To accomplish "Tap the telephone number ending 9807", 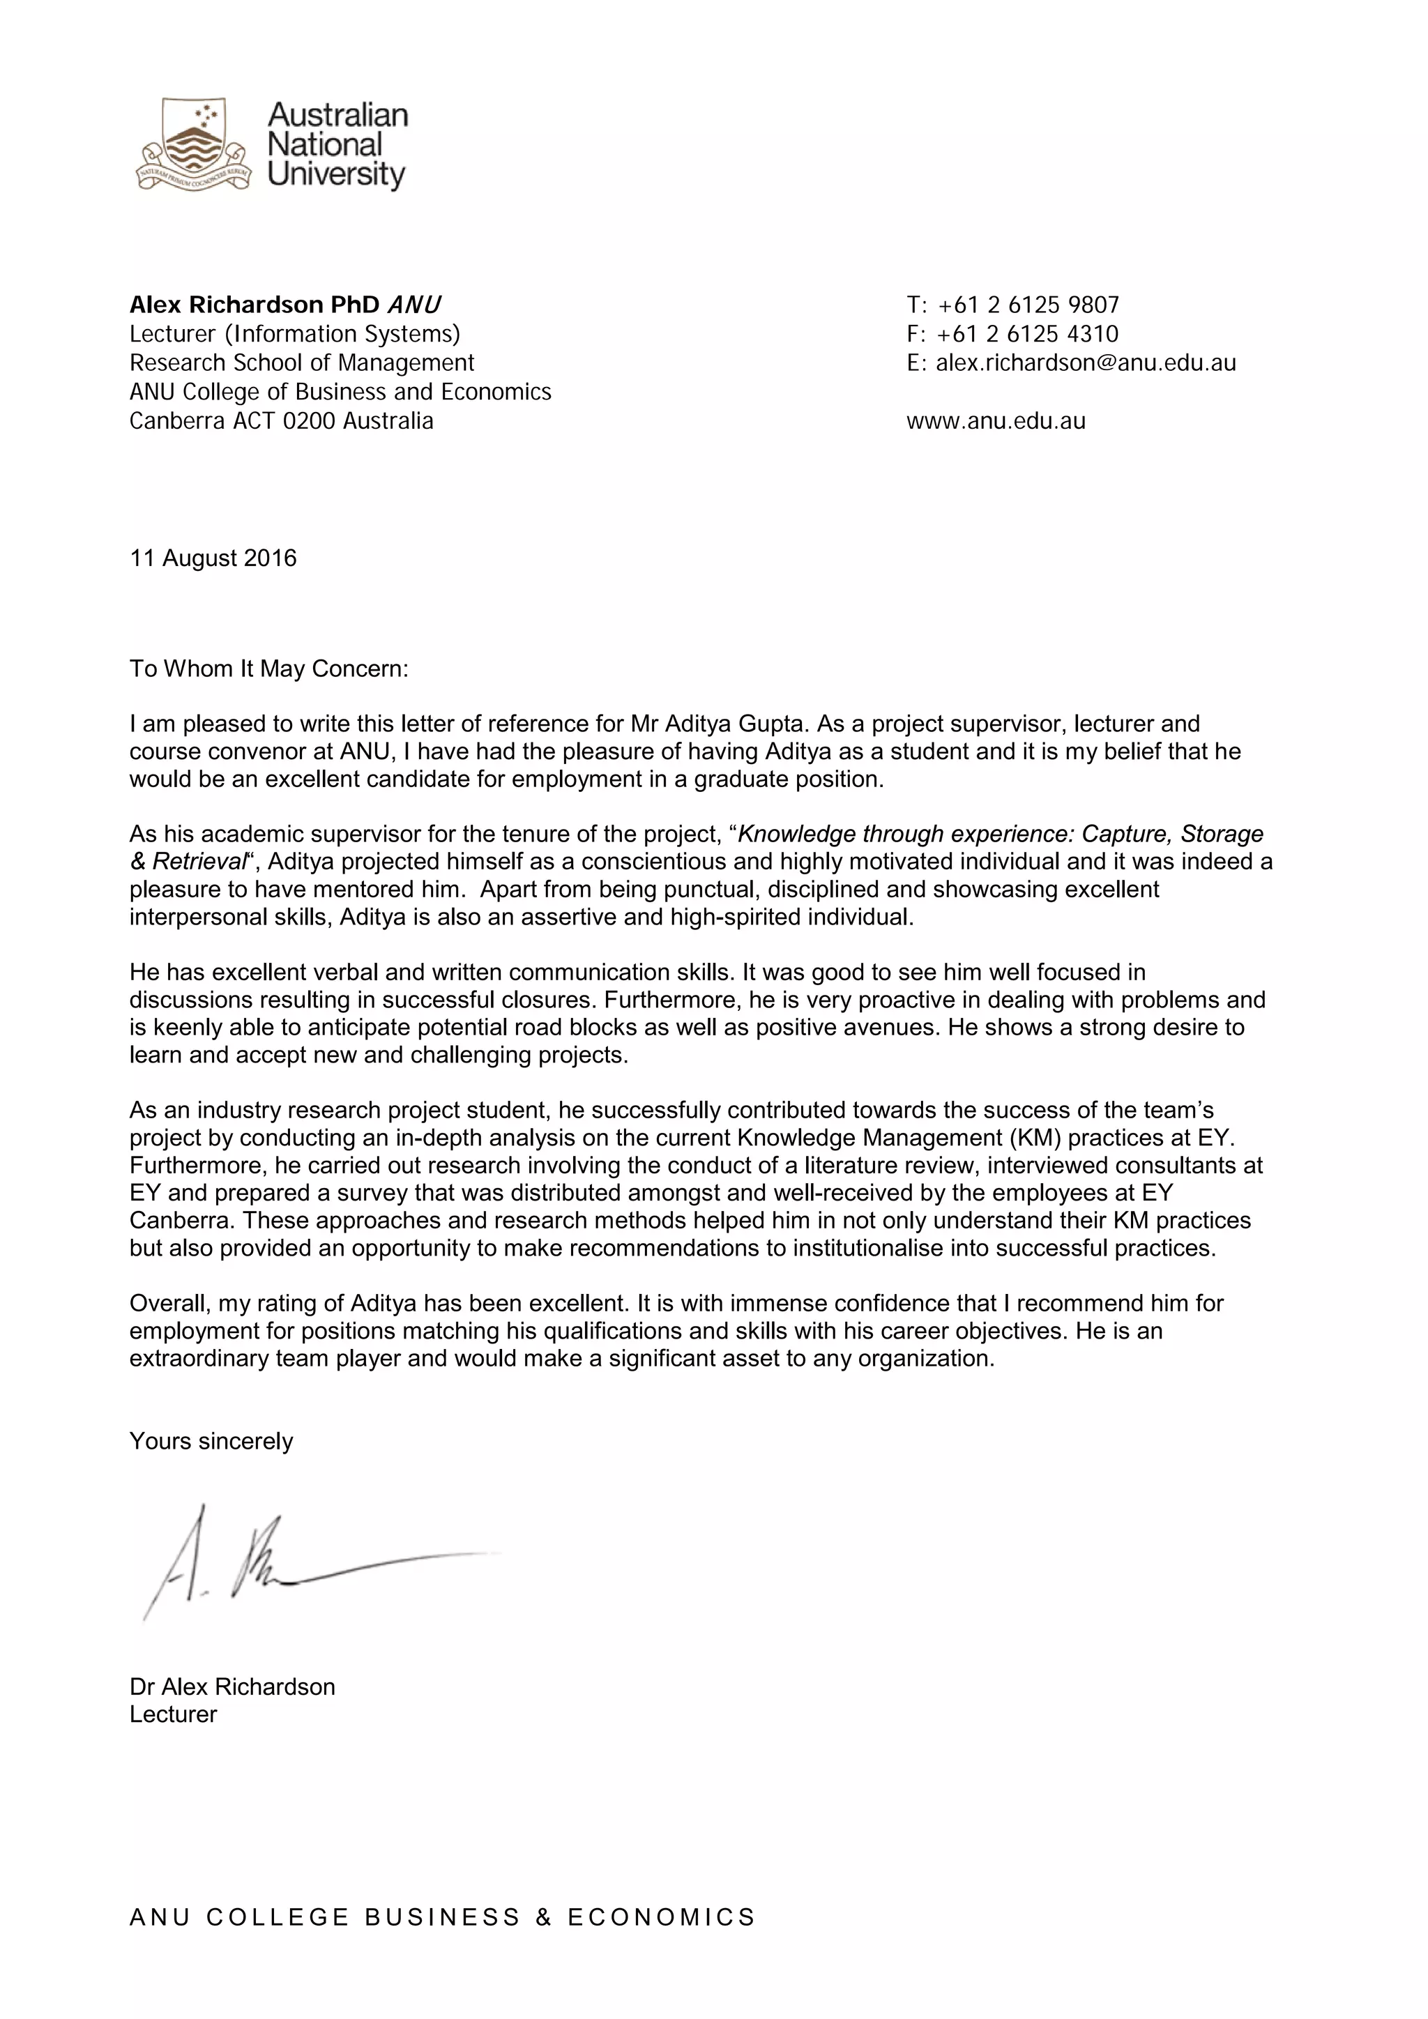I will tap(1028, 305).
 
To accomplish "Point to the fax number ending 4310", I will tap(1028, 334).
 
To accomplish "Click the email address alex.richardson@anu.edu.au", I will tap(1085, 363).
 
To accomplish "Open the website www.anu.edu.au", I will tap(996, 421).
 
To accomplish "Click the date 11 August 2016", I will tap(213, 558).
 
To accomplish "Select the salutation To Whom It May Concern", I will tap(269, 669).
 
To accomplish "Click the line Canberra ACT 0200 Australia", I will tap(282, 421).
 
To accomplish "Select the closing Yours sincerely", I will tap(211, 1441).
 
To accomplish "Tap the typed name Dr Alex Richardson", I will tap(232, 1686).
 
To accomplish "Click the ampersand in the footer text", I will tap(543, 1917).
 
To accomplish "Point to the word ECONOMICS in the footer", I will tap(661, 1917).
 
